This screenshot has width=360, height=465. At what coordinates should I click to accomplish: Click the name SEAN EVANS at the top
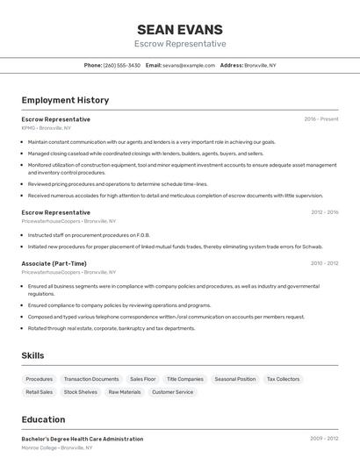point(180,29)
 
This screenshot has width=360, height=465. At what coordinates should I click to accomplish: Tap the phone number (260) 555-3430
point(121,65)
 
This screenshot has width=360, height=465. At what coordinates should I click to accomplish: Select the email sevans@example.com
point(189,65)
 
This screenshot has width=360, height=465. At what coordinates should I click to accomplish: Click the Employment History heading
point(65,100)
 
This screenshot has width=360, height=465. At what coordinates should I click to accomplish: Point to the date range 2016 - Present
point(321,118)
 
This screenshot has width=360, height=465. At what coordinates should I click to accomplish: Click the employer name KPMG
point(28,127)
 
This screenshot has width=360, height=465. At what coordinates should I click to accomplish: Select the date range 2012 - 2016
point(324,211)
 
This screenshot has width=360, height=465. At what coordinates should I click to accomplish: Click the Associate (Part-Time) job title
point(54,263)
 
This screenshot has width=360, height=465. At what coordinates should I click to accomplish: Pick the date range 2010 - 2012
point(324,262)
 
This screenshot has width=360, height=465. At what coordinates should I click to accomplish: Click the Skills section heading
point(33,355)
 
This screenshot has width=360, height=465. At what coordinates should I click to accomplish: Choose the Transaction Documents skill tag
point(91,379)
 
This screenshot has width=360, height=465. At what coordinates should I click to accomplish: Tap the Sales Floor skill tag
point(143,379)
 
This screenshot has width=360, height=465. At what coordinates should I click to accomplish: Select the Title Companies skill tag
point(185,379)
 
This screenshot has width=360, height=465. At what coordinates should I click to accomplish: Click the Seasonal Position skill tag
point(235,379)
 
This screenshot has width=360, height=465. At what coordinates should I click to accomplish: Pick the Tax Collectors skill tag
point(283,379)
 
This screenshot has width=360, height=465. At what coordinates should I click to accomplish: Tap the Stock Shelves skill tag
point(81,392)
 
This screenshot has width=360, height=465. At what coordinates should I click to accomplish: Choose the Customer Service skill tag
point(172,392)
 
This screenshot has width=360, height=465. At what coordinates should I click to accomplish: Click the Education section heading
point(43,419)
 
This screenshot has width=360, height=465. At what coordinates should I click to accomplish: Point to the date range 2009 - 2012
point(324,438)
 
